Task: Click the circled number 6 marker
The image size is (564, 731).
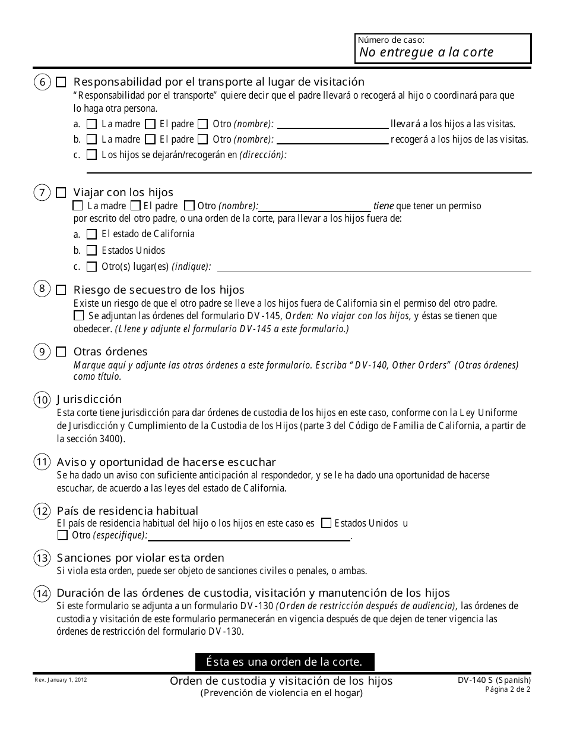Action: [x=42, y=83]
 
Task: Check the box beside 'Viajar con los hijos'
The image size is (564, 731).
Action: [x=61, y=193]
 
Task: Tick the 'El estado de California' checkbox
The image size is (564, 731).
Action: [x=91, y=234]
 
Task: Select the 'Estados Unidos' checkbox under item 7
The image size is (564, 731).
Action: [x=91, y=251]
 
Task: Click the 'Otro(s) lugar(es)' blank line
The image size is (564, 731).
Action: [x=374, y=267]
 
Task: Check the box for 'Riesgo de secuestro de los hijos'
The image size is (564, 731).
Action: [x=61, y=290]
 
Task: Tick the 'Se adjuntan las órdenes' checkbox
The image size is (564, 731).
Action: [x=79, y=316]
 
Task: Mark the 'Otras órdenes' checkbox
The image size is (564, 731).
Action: [x=61, y=352]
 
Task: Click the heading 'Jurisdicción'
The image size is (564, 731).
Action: [x=89, y=399]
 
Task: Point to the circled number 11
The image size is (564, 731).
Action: [x=42, y=462]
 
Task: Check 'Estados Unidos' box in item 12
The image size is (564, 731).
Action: [x=326, y=524]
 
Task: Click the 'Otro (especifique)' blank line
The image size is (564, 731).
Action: [x=249, y=535]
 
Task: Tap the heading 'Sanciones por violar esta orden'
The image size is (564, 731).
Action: [x=140, y=558]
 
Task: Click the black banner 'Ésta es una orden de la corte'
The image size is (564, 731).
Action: [x=285, y=661]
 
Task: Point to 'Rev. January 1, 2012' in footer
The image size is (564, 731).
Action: [x=60, y=679]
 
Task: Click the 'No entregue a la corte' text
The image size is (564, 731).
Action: [x=426, y=52]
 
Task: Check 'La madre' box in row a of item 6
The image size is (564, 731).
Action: [x=91, y=125]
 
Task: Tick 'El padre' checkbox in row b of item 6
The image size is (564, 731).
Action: [x=150, y=140]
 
